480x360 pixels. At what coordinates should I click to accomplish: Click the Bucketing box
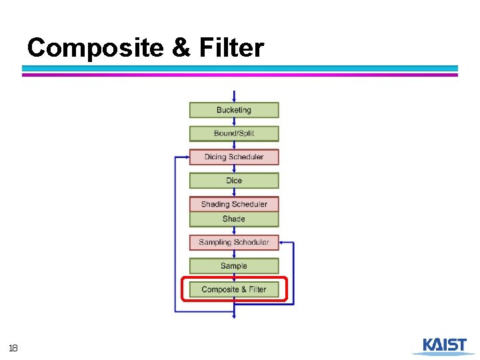234,110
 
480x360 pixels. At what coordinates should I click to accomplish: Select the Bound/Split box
234,133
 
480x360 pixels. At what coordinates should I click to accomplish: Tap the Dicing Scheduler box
234,157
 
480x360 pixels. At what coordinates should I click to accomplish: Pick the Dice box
234,181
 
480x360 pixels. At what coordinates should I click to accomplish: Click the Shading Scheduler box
234,204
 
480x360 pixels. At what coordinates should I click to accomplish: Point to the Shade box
234,219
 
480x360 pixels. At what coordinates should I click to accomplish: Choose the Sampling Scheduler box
234,242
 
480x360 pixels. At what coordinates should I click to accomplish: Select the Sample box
234,266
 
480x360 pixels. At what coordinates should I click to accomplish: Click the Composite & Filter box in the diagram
234,289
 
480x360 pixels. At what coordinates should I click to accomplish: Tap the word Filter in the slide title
231,48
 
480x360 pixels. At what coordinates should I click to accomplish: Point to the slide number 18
13,348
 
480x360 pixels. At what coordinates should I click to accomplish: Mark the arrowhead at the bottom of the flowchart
234,316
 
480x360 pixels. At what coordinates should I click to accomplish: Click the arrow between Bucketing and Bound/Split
234,121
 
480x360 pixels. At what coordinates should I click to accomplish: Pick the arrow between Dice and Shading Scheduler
234,192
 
